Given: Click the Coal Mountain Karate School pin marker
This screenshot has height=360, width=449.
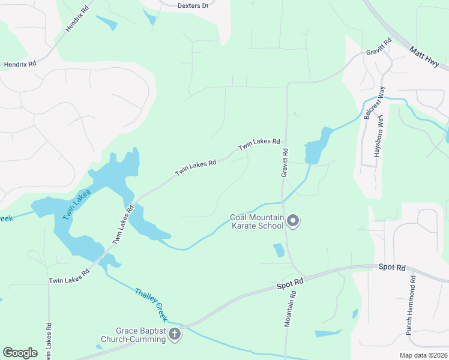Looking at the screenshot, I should [x=293, y=221].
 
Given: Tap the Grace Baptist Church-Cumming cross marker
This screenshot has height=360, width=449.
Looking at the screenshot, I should [x=175, y=334].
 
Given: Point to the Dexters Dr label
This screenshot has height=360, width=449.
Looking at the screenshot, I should [x=193, y=5].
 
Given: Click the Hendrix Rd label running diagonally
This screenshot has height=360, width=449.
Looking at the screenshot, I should [x=77, y=19].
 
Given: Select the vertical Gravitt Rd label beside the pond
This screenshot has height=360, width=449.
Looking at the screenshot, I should [x=285, y=163].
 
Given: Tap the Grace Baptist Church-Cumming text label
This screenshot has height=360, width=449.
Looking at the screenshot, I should [x=140, y=335].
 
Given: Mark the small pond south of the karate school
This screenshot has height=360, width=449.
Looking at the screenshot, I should [x=279, y=250].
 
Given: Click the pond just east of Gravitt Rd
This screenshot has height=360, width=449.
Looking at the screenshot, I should [x=316, y=147].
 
